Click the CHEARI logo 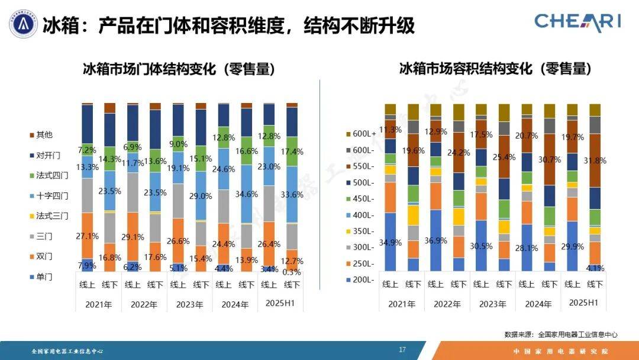click(577, 21)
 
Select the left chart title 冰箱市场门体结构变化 click(178, 69)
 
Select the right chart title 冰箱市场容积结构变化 click(495, 69)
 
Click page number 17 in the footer click(402, 350)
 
